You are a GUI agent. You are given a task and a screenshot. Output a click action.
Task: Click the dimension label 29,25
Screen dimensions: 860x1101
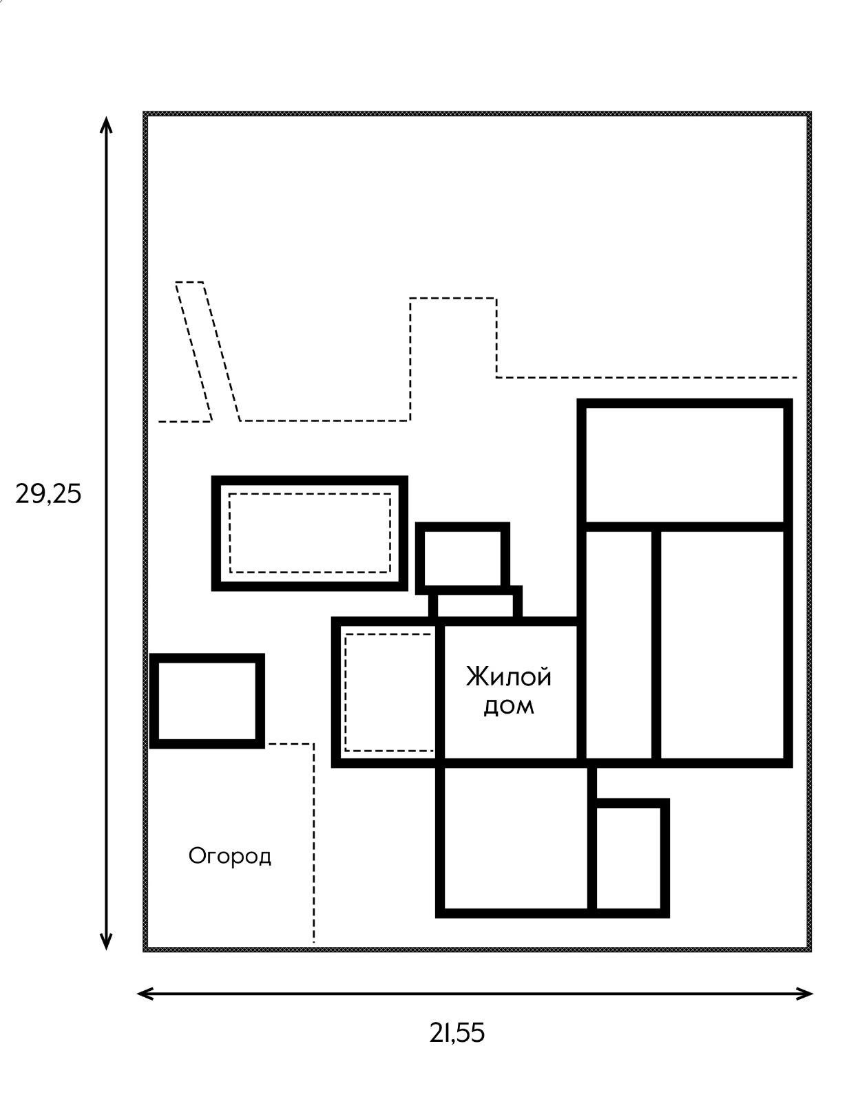[x=48, y=494]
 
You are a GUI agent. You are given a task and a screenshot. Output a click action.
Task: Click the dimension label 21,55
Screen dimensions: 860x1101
[x=457, y=1033]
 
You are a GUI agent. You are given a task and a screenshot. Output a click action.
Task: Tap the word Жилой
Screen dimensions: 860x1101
[x=509, y=677]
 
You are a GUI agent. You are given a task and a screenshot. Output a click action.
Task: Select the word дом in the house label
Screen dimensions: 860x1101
[x=509, y=706]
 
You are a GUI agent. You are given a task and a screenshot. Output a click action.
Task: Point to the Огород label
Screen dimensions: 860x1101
[x=229, y=856]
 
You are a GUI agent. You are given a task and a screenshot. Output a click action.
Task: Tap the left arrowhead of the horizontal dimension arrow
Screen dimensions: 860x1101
[x=146, y=994]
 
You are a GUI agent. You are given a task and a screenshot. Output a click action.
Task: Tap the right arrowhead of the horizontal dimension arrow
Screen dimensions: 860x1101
[x=804, y=994]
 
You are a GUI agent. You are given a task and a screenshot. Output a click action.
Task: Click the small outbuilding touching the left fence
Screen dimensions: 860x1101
[x=207, y=701]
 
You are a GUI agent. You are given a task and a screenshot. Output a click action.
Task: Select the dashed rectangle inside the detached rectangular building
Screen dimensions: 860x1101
[x=310, y=533]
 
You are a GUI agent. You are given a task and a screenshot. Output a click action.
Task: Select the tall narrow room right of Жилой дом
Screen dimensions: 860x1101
[x=619, y=645]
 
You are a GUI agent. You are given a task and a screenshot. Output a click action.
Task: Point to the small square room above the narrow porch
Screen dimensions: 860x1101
[x=462, y=558]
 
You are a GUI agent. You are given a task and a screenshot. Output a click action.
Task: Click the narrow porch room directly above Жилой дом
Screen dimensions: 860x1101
[x=475, y=606]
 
